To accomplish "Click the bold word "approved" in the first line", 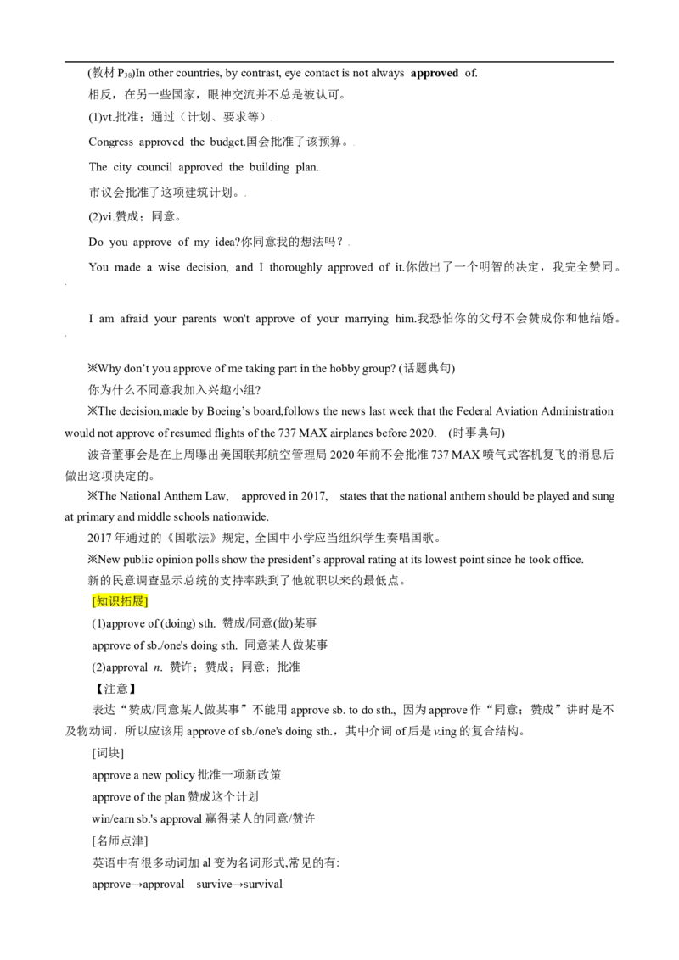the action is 435,74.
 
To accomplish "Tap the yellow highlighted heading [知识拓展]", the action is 121,601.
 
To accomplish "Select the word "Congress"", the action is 110,142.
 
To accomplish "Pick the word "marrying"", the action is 367,319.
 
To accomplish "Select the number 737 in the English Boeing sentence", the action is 287,433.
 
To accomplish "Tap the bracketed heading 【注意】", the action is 114,689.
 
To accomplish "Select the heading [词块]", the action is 108,753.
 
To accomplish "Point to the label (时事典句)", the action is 477,433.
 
